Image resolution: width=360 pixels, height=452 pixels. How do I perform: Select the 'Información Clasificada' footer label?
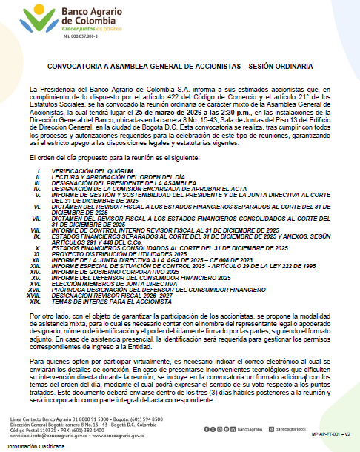pos(37,446)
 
